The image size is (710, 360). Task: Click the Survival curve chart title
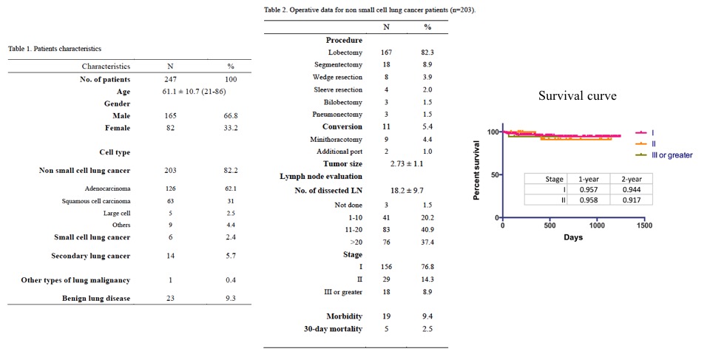[x=578, y=95]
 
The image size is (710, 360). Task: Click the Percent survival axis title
[x=476, y=171]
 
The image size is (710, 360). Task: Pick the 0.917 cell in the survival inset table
[x=631, y=200]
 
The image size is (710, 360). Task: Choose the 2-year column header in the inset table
[x=631, y=179]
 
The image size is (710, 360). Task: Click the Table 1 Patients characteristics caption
[x=55, y=49]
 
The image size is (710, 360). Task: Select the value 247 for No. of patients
[x=170, y=79]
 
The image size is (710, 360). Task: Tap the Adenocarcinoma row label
[x=107, y=189]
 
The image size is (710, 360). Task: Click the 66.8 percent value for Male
[x=231, y=116]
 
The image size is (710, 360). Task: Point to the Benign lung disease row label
[x=96, y=299]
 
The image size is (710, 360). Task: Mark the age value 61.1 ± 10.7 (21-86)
[x=191, y=92]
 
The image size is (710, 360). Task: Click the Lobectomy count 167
[x=386, y=52]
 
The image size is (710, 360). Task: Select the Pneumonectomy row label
[x=337, y=115]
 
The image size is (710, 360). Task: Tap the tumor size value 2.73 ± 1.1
[x=407, y=164]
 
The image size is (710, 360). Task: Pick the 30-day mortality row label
[x=333, y=329]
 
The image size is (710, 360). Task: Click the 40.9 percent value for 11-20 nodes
[x=427, y=230]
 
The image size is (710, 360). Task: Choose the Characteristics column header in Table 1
[x=106, y=67]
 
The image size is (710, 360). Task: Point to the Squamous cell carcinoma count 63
[x=170, y=201]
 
